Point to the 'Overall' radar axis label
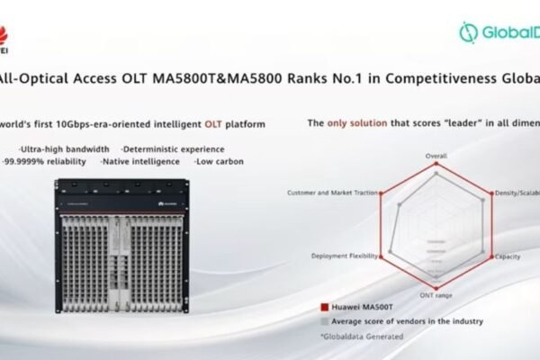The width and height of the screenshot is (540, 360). click(x=436, y=156)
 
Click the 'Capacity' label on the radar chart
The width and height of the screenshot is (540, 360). click(x=507, y=256)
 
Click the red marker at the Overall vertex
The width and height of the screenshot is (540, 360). click(x=436, y=164)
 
